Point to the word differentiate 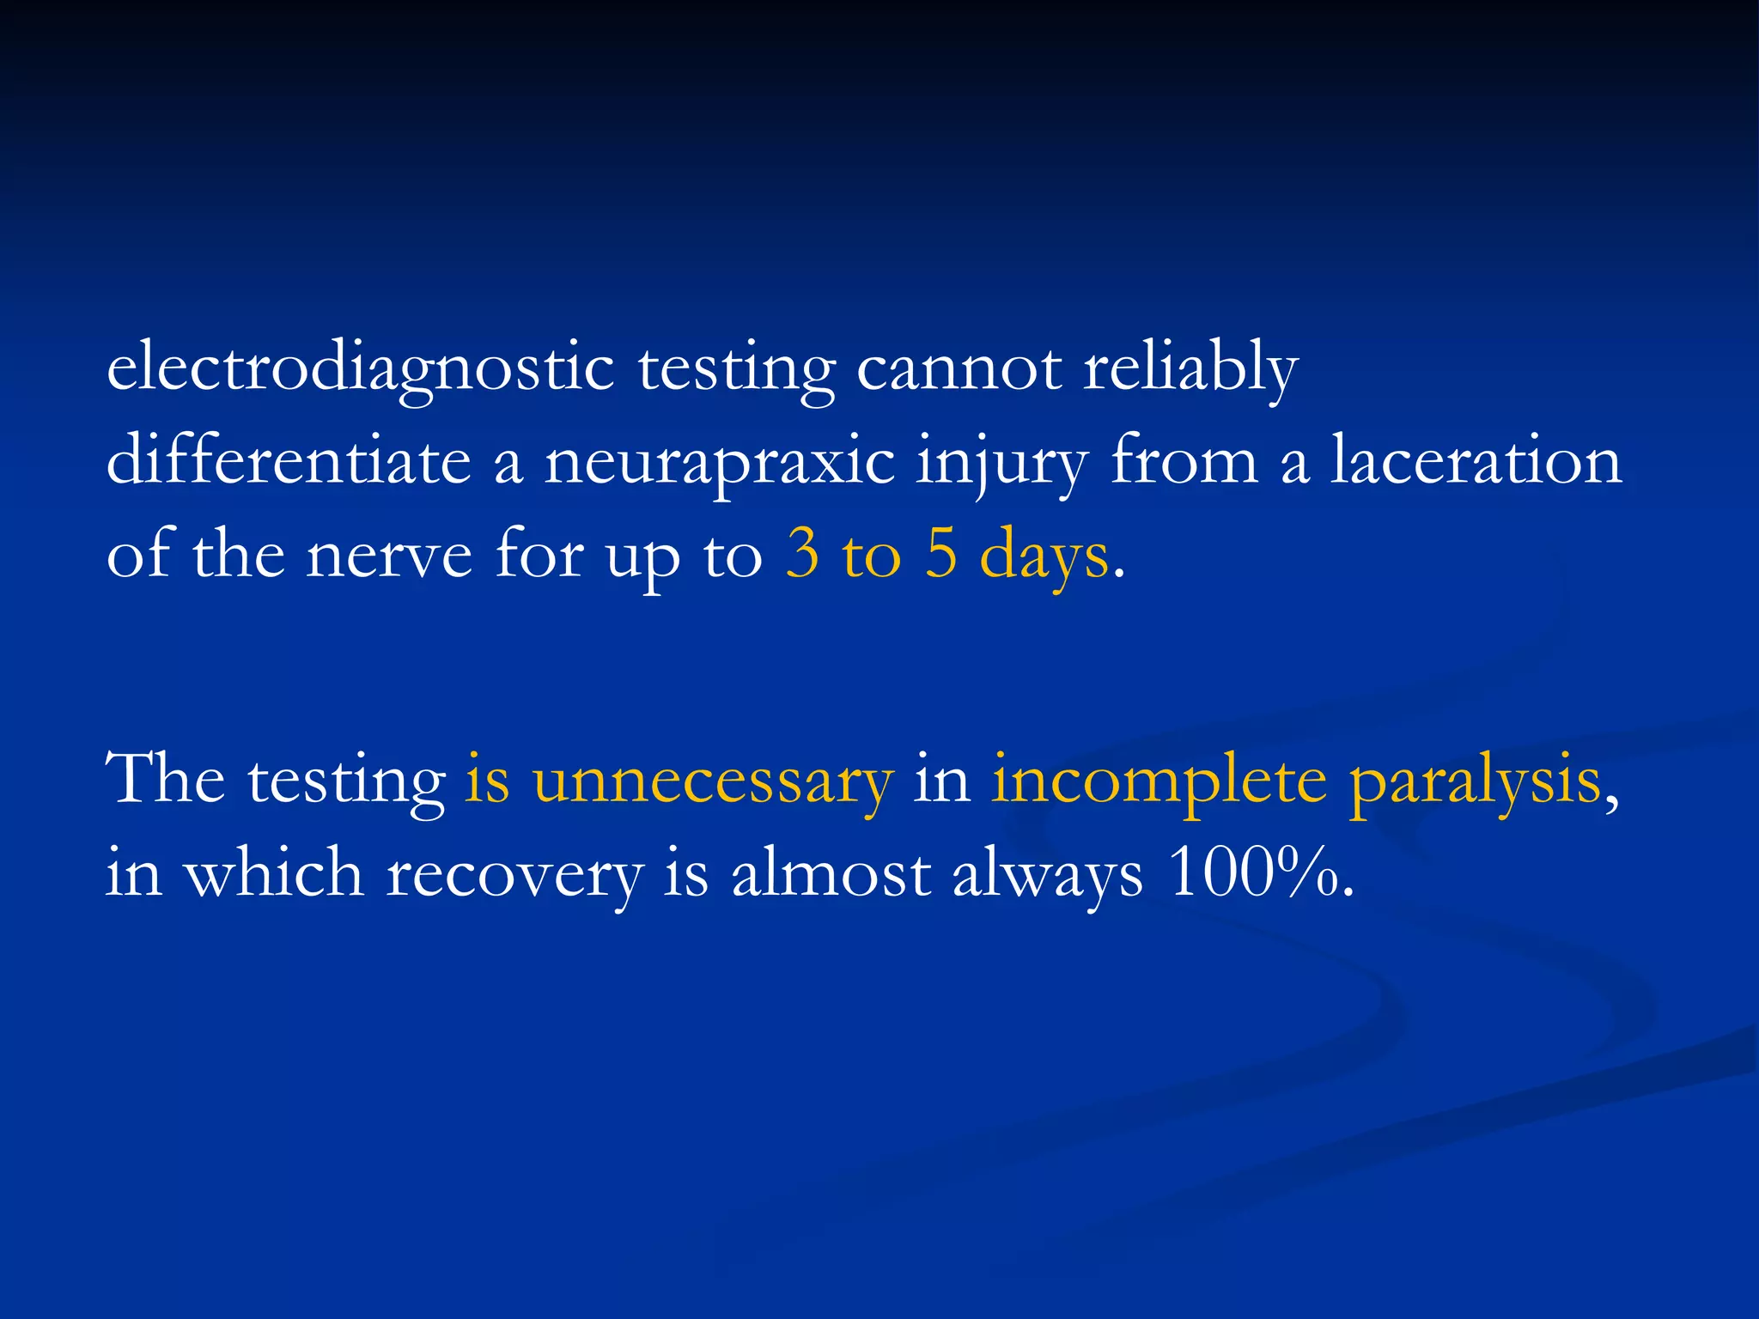coord(289,462)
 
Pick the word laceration coord(1476,462)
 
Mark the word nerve coord(389,556)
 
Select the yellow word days coord(1044,556)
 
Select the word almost coord(831,874)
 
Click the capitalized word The coord(165,780)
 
